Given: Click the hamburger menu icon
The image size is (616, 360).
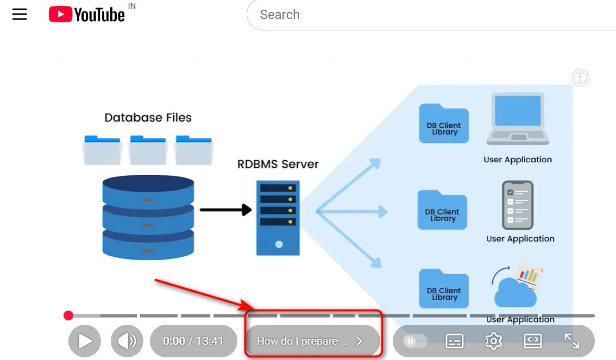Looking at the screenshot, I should click(19, 14).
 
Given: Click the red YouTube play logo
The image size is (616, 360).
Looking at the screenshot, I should click(60, 14).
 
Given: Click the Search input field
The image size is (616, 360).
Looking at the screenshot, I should click(417, 15).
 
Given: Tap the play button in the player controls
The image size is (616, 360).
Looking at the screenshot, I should click(85, 341).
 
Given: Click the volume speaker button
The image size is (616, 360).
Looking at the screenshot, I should click(127, 341).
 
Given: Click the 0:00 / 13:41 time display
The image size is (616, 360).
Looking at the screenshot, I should click(193, 341).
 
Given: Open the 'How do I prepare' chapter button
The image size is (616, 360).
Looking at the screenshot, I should click(310, 341).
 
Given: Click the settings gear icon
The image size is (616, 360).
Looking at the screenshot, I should click(493, 341).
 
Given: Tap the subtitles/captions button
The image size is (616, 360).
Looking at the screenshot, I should click(454, 341).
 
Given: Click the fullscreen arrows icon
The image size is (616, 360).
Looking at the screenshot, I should click(572, 341).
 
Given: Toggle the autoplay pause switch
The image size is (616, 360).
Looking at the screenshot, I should click(415, 341).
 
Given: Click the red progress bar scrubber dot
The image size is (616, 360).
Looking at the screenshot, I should click(68, 315).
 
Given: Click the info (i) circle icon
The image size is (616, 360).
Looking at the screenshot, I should click(580, 77).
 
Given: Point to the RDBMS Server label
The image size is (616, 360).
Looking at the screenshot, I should click(278, 164).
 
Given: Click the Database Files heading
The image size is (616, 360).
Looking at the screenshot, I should click(148, 117).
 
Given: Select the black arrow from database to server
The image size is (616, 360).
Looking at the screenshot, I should click(225, 210).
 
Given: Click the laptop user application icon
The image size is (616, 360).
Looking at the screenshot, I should click(518, 119).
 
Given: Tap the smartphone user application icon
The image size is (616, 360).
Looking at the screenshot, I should click(518, 205).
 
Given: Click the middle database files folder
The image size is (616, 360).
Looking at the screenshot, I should click(148, 150).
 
